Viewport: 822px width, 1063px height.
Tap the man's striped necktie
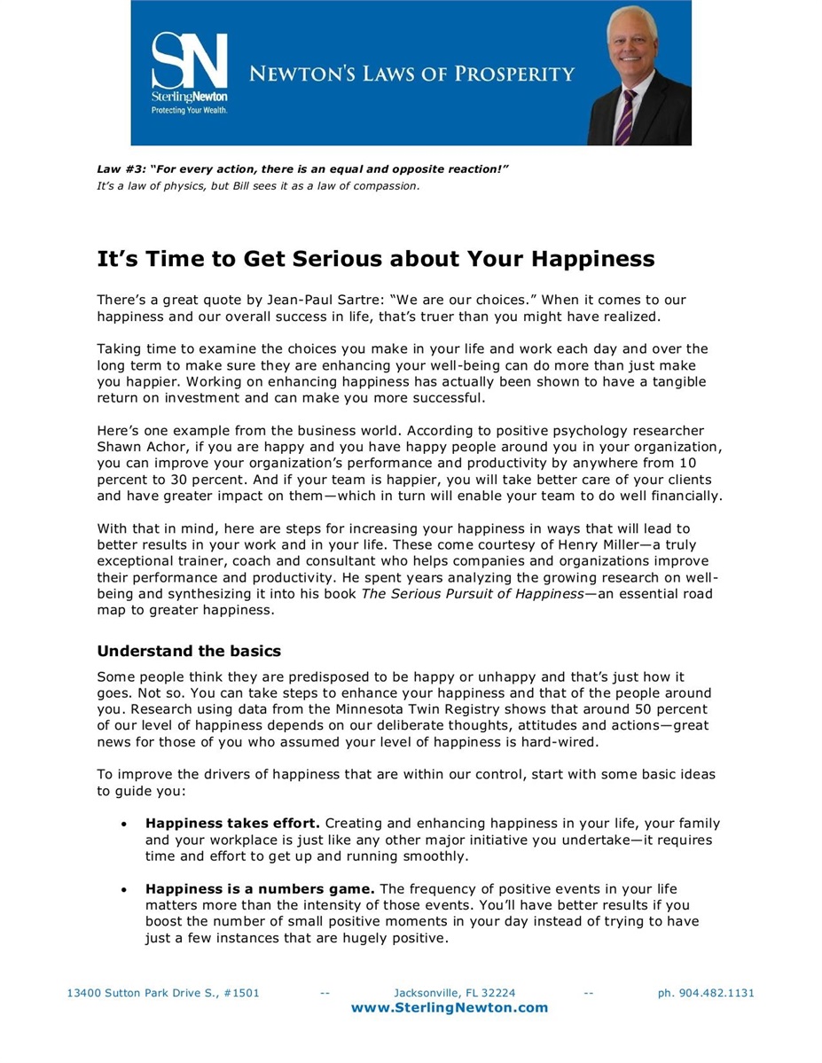pos(626,116)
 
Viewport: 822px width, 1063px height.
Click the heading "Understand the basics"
pos(188,651)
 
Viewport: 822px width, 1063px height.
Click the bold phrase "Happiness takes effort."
pos(232,824)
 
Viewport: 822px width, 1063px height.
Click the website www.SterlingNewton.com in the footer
pos(450,1007)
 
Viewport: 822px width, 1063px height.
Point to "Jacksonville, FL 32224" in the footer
pos(454,993)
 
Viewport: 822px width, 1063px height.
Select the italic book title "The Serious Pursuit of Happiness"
pos(472,593)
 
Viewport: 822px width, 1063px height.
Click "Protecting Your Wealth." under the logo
pos(189,111)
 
